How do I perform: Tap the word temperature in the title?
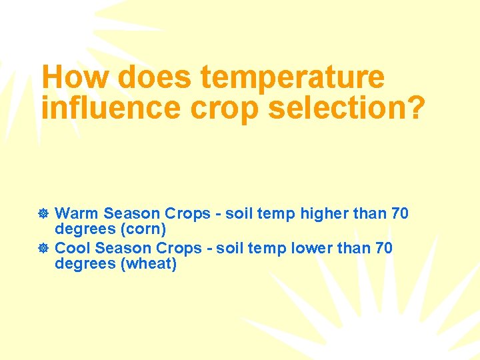(292, 78)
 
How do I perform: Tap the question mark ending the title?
(413, 108)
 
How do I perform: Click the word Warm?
(77, 214)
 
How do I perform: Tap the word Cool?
(73, 248)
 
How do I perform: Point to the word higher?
(324, 214)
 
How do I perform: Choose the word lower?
(318, 248)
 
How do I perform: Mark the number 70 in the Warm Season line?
(400, 214)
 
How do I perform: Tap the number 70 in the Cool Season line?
(384, 248)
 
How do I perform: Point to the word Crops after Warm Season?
(189, 214)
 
